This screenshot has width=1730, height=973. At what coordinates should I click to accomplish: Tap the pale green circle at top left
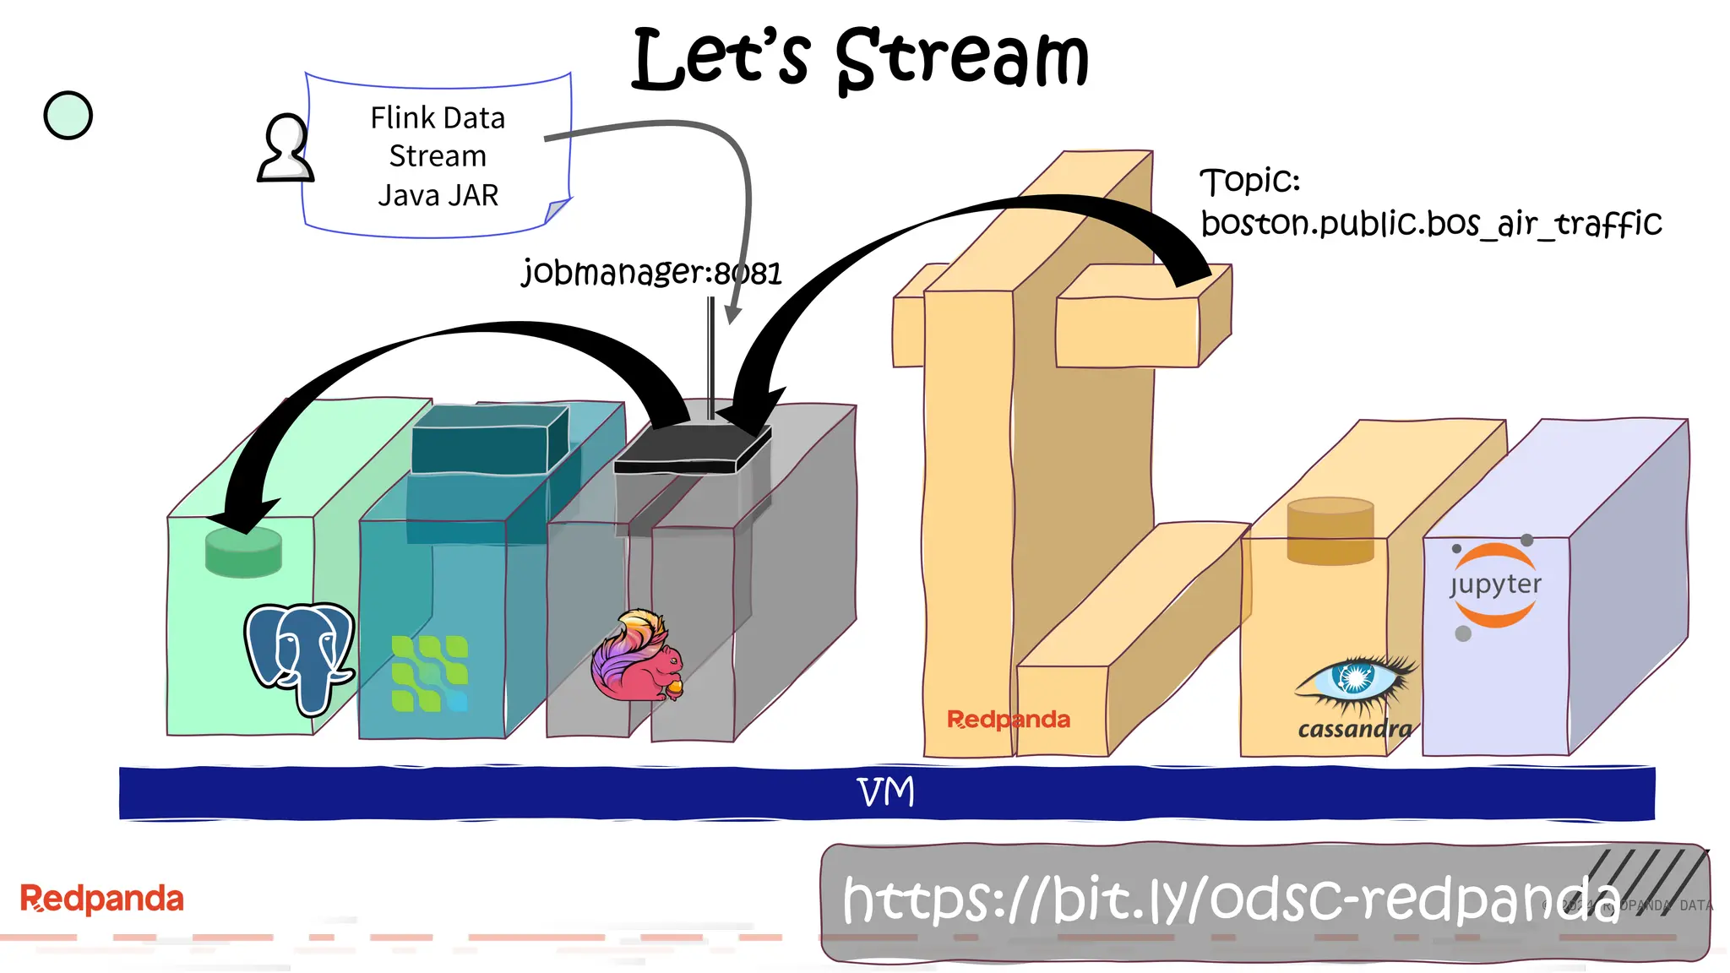click(68, 116)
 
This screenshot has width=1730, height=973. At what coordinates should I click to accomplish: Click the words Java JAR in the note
click(438, 196)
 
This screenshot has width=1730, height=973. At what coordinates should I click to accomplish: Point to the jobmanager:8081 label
click(651, 273)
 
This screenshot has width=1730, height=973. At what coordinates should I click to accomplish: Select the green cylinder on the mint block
click(243, 552)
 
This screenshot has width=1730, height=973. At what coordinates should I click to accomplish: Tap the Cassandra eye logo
click(1355, 681)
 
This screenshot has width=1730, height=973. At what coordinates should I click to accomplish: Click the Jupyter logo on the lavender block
click(1494, 585)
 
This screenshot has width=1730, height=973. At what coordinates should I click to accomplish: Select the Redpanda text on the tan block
click(1008, 720)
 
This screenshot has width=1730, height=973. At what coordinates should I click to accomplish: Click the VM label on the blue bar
click(885, 792)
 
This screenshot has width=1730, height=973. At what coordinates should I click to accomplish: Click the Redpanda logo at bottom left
click(101, 899)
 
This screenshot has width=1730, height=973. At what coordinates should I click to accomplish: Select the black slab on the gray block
click(691, 448)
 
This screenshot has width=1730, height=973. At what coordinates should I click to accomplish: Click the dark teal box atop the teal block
click(488, 440)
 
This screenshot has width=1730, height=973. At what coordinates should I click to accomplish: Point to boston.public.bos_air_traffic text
click(1431, 224)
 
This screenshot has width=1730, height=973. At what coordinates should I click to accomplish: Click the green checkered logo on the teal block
click(429, 673)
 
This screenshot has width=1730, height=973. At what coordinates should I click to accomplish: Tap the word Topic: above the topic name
click(1249, 181)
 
